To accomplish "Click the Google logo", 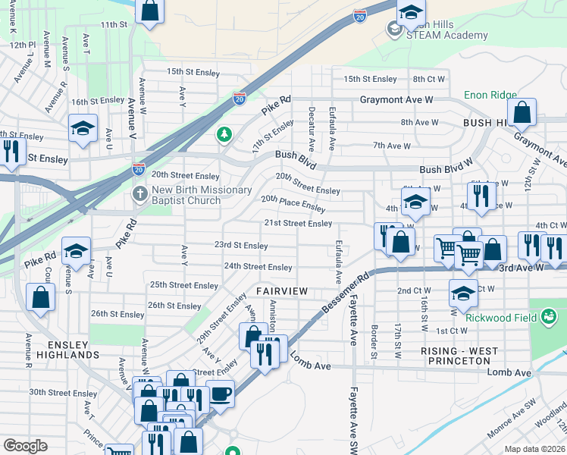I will pos(26,446).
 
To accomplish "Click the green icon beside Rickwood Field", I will pos(550,316).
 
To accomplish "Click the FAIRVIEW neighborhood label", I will pos(282,291).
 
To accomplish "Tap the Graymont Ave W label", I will pos(396,99).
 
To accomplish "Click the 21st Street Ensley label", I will pos(298,223).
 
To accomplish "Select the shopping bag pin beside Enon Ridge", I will pos(522,114).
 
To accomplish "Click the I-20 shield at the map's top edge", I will pos(360,15).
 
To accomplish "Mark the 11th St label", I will pos(113,24).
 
